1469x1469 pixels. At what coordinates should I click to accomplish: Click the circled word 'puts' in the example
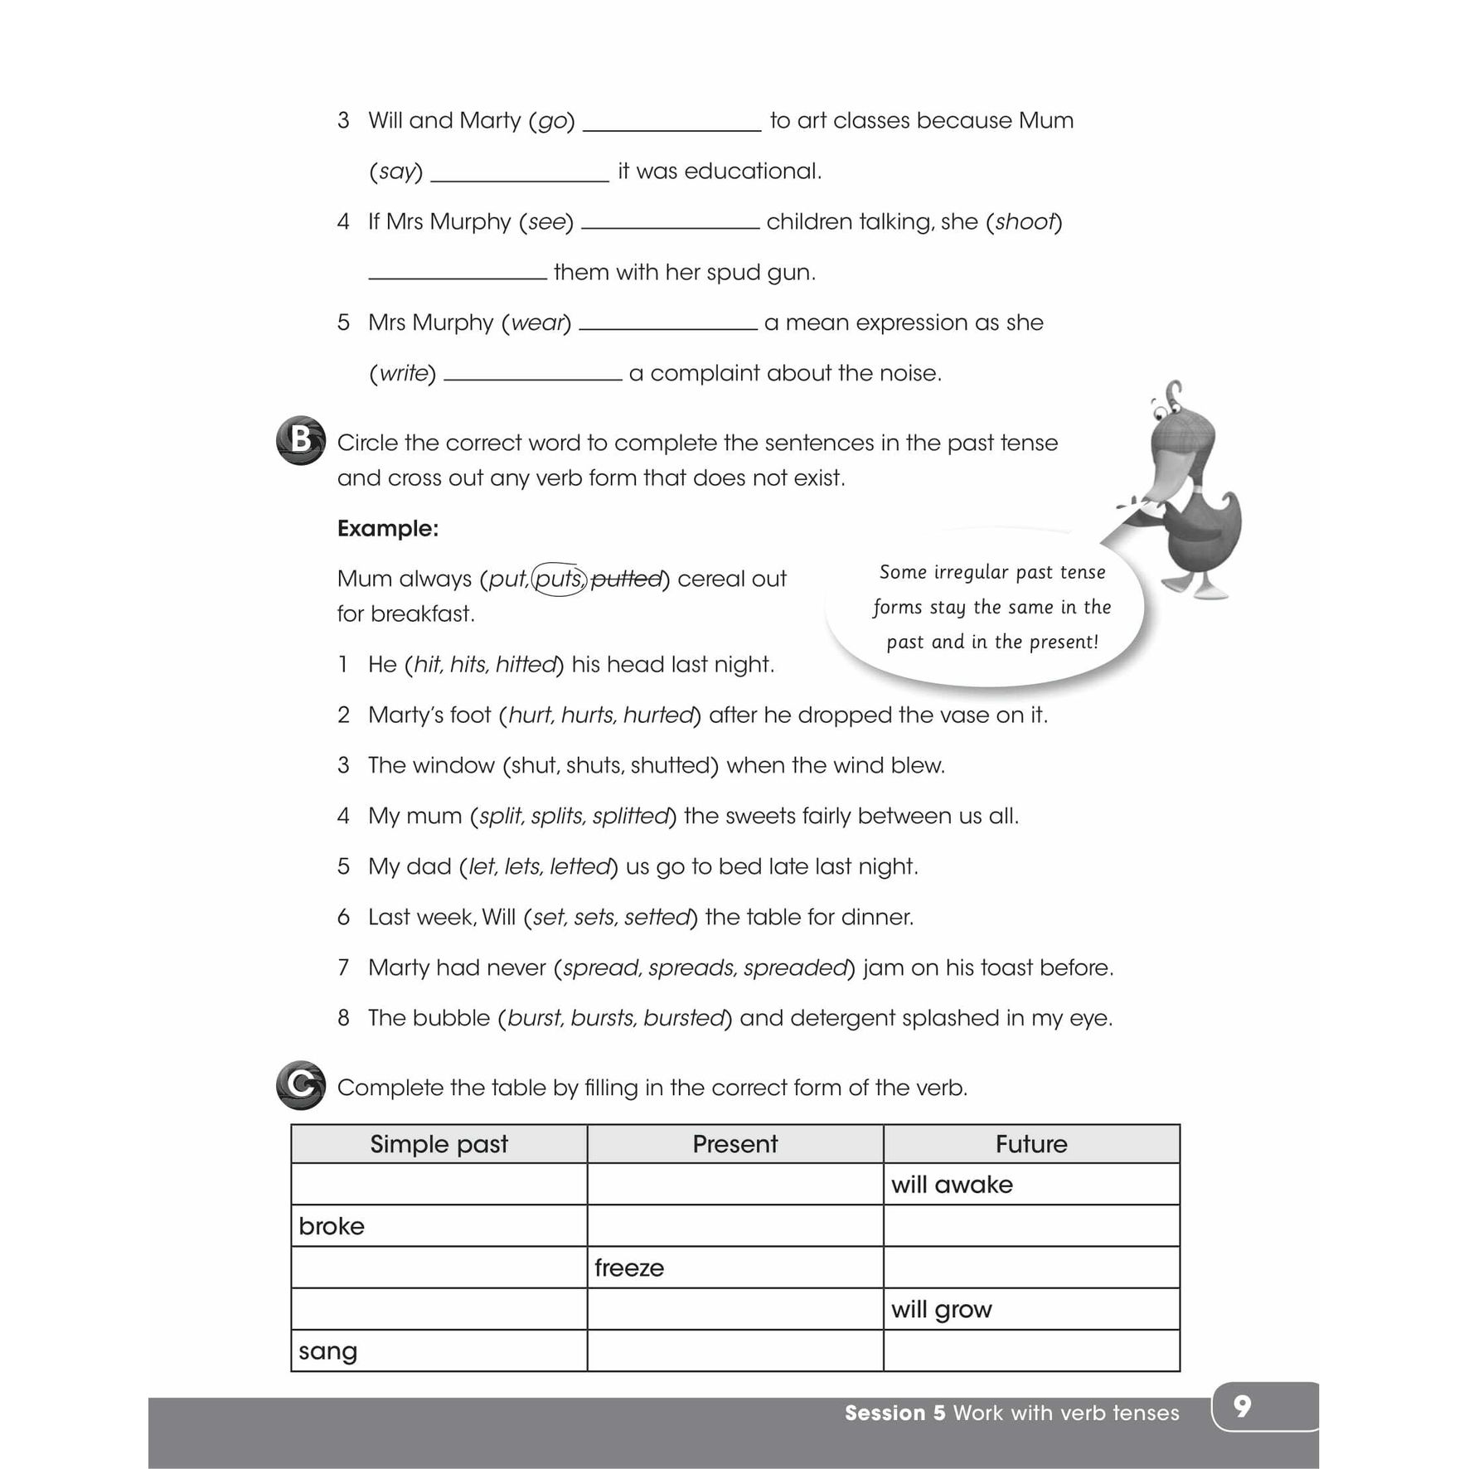(559, 579)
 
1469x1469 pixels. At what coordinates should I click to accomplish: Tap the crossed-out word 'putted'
(627, 579)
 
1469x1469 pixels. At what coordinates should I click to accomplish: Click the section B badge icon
(300, 440)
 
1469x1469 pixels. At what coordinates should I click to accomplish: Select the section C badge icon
(300, 1084)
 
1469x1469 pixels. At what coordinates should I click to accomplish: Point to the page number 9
(1242, 1406)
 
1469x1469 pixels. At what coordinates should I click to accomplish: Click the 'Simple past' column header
(439, 1144)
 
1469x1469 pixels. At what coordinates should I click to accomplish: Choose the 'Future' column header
(1031, 1144)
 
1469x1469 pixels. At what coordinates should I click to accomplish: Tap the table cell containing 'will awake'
(1031, 1185)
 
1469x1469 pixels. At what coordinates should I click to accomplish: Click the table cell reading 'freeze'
(734, 1268)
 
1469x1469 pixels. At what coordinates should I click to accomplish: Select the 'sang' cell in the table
(439, 1351)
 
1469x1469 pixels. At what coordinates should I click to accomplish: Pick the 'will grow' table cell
(1031, 1310)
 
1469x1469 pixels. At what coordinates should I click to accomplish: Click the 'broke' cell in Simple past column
(439, 1226)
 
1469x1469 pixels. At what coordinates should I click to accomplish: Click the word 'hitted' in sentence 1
(526, 665)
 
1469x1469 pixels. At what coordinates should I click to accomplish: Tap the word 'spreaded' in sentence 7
(795, 967)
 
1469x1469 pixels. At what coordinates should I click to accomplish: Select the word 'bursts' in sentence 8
(603, 1018)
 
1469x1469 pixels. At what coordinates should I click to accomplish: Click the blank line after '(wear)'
(668, 324)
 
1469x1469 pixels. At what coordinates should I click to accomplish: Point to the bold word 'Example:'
(388, 529)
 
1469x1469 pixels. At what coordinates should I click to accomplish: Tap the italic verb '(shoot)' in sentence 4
(1024, 222)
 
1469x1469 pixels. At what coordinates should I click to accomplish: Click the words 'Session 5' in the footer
(894, 1413)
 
